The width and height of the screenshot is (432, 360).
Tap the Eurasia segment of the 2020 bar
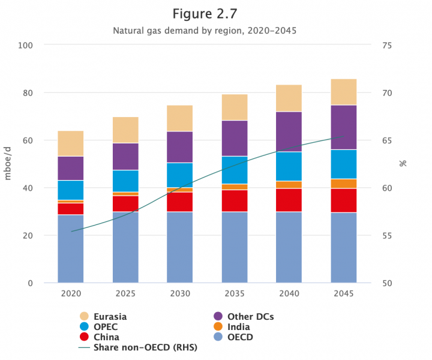pos(70,143)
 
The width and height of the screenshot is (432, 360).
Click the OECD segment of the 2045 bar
pos(344,247)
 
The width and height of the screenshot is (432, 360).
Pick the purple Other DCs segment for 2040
pos(289,131)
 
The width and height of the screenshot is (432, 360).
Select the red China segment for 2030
pos(179,202)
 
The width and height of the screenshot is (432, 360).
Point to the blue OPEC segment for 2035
pos(234,170)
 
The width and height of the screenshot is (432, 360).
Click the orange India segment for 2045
pos(344,184)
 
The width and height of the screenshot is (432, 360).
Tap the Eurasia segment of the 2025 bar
pos(125,130)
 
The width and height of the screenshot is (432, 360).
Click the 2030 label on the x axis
pos(179,294)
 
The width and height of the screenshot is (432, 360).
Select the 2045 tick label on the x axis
pos(344,294)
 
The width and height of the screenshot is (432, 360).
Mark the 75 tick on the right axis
pos(387,45)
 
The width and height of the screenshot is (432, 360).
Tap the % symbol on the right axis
pos(403,163)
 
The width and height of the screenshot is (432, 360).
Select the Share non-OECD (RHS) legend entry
pos(137,347)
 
